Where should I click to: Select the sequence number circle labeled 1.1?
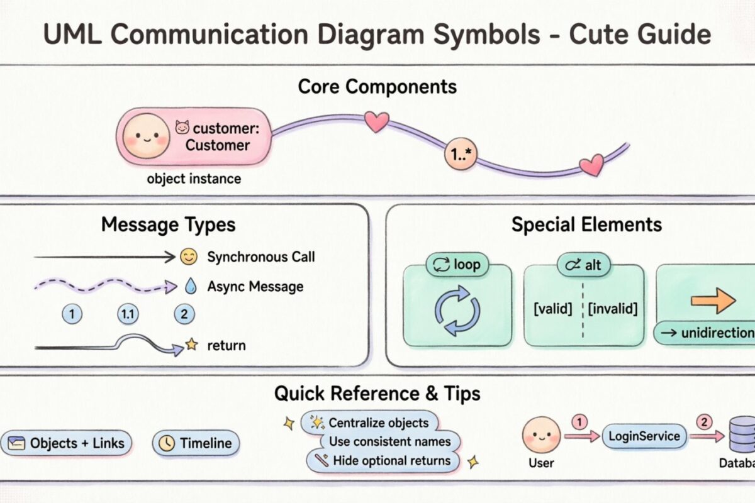coord(128,314)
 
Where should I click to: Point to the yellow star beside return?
coord(191,345)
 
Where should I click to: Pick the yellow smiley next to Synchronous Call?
coord(188,257)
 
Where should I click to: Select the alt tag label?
coord(583,265)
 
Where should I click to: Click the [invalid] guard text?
coord(613,309)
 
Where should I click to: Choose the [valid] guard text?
coord(552,309)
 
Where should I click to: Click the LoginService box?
coord(644,436)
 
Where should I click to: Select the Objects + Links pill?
coord(67,443)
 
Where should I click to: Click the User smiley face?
coord(540,434)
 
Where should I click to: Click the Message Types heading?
coord(169,224)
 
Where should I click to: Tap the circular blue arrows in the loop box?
coord(457,310)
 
